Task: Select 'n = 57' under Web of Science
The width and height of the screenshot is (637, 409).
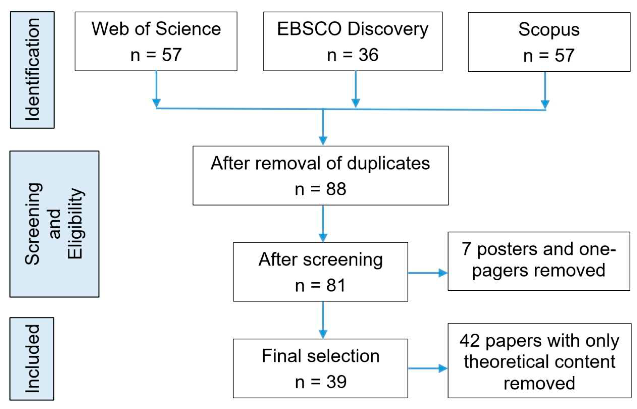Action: [156, 55]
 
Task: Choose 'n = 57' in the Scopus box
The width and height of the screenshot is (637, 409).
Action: [549, 55]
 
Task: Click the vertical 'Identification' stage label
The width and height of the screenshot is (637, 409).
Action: [32, 70]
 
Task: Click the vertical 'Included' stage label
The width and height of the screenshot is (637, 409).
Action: [32, 358]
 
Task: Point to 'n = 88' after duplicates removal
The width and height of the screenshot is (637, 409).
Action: [320, 189]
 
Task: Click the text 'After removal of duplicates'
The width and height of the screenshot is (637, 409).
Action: [320, 163]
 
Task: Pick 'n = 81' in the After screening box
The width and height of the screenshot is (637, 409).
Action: [320, 286]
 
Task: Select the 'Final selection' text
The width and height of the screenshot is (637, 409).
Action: [320, 356]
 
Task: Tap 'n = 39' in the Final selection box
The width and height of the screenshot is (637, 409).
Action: [320, 382]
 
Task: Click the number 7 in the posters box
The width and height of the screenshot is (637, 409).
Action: [466, 249]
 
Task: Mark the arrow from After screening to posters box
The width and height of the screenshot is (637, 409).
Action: [427, 273]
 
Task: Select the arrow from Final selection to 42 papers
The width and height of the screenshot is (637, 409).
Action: [427, 368]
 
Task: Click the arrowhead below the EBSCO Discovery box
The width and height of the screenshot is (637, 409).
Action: [355, 102]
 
